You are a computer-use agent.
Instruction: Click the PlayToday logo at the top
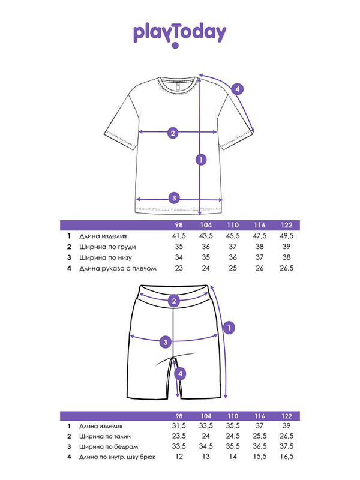179,35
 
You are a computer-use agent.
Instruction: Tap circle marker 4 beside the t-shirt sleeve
238,90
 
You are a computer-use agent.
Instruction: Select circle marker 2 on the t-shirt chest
173,133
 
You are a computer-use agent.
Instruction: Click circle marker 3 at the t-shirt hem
173,197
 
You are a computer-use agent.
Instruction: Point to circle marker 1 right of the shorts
228,328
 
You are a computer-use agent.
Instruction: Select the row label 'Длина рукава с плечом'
117,268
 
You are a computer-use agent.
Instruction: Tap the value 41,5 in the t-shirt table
178,236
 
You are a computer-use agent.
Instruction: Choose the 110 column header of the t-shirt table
232,225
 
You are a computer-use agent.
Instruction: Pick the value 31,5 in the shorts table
178,425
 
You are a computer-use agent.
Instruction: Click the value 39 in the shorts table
286,425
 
